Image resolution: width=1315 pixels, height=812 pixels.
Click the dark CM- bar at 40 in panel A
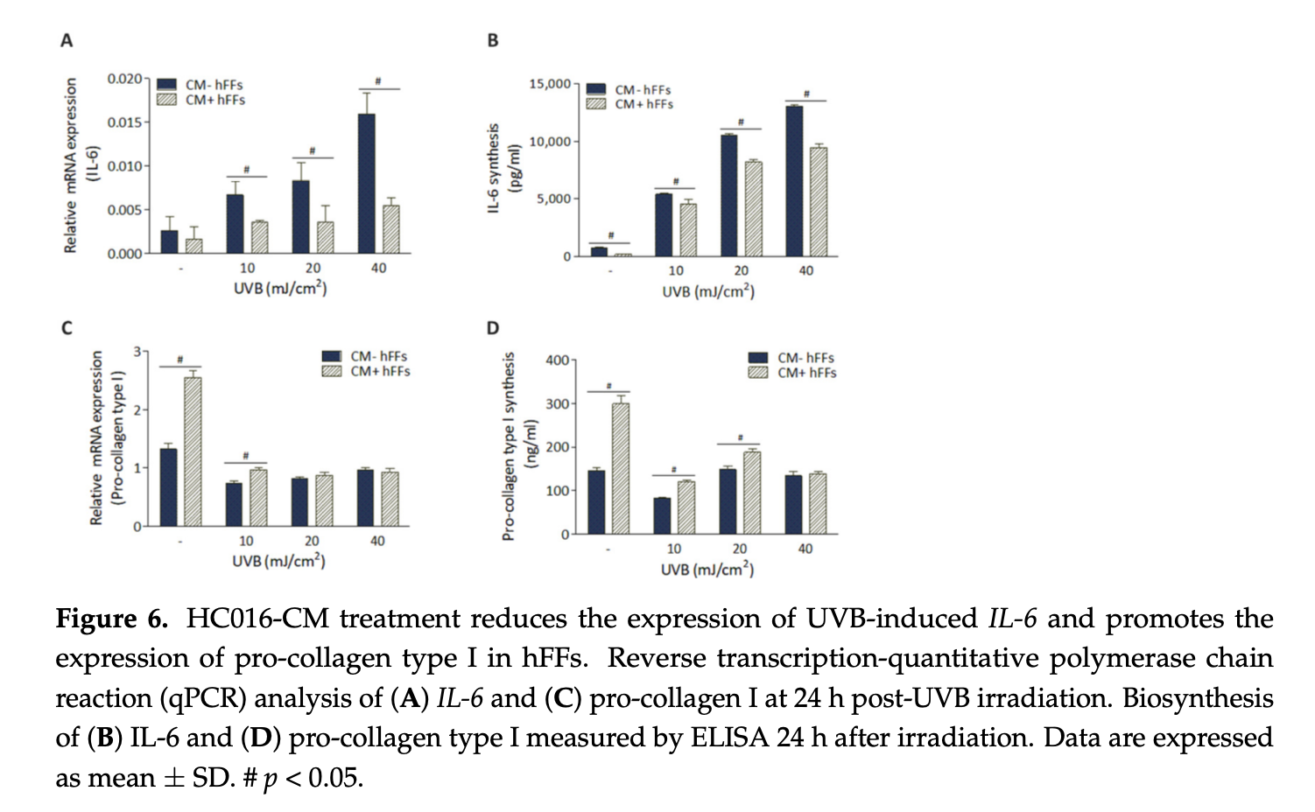(x=367, y=184)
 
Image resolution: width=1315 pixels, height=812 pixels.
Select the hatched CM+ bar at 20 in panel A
(x=326, y=237)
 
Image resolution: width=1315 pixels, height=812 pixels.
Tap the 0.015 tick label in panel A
(x=124, y=122)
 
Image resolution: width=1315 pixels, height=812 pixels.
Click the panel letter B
(x=493, y=40)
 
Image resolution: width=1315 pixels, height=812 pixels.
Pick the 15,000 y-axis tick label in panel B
(x=550, y=84)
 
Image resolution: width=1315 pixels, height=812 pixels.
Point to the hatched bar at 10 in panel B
(x=688, y=229)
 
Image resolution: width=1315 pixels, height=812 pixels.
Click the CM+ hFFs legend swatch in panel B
(x=596, y=104)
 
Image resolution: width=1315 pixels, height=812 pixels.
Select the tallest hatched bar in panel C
(x=193, y=451)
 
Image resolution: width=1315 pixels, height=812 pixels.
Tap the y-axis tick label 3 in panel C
(x=137, y=352)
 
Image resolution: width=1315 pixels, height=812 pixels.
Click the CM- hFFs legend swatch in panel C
(x=332, y=356)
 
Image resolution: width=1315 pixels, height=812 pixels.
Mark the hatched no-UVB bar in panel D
(x=621, y=468)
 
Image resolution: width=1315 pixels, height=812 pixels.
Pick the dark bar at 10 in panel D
(x=662, y=515)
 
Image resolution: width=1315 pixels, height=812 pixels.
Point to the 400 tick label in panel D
(x=557, y=360)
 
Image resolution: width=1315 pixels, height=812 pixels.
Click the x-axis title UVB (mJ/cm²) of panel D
(x=707, y=569)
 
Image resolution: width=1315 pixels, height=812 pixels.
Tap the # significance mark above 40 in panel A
(x=378, y=81)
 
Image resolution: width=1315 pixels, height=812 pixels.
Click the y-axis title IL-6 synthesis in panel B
(x=493, y=167)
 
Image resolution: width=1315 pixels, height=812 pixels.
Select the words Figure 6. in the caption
(x=111, y=619)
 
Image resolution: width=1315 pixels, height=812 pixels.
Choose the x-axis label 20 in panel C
(x=312, y=541)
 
